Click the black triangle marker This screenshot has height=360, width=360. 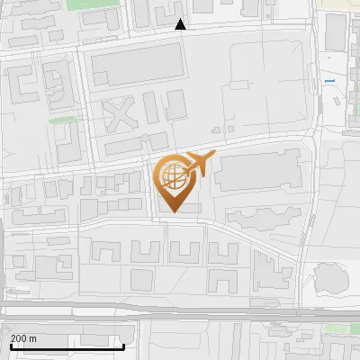[181, 25]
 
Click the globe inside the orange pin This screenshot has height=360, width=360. [173, 175]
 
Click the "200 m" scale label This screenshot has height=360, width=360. [22, 338]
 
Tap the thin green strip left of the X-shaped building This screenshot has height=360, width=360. [61, 119]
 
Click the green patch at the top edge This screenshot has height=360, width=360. [86, 4]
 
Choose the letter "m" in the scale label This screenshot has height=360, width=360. [32, 338]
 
